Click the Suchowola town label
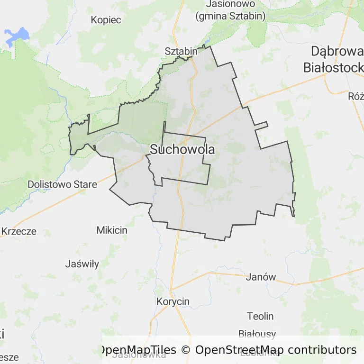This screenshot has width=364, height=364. [182, 150]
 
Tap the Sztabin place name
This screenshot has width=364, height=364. [181, 51]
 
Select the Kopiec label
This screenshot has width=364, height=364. [106, 20]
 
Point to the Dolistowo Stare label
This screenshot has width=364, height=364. [62, 184]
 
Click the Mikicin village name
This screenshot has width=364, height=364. [112, 230]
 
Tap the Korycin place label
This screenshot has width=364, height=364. [173, 301]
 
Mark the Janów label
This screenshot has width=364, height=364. [261, 277]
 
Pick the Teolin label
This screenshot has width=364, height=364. [260, 316]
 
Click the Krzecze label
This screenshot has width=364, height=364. [18, 232]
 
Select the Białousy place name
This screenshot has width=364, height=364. [256, 334]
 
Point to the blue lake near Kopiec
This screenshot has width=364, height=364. [16, 36]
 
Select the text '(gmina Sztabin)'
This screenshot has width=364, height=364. [230, 16]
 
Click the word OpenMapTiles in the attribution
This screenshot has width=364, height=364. [137, 350]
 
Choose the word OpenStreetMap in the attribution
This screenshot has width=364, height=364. [239, 350]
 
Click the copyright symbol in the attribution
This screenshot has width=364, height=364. [186, 350]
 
